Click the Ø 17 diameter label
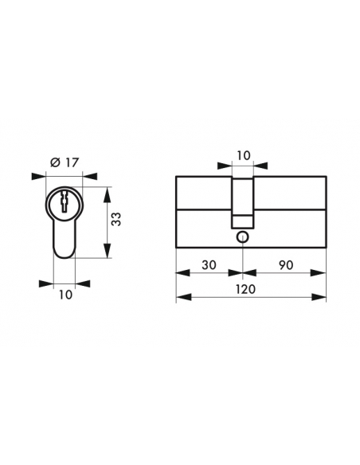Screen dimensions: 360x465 coord(65,162)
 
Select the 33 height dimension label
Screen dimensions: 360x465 coord(116,219)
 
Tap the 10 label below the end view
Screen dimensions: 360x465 coord(65,295)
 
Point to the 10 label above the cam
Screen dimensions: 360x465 coord(244,155)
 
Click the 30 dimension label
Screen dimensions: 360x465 coord(209,265)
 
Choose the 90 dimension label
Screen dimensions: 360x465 coord(286,265)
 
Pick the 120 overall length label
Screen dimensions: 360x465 coord(245,289)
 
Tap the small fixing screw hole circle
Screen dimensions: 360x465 coord(243,237)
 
